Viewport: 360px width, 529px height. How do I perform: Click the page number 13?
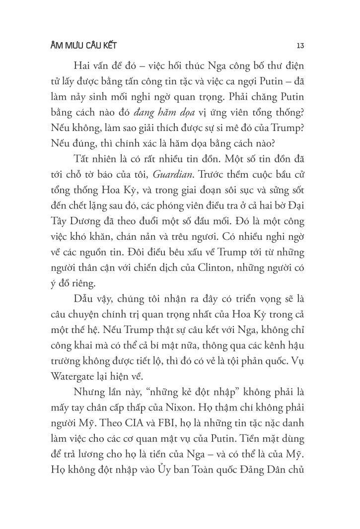pyautogui.click(x=300, y=46)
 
